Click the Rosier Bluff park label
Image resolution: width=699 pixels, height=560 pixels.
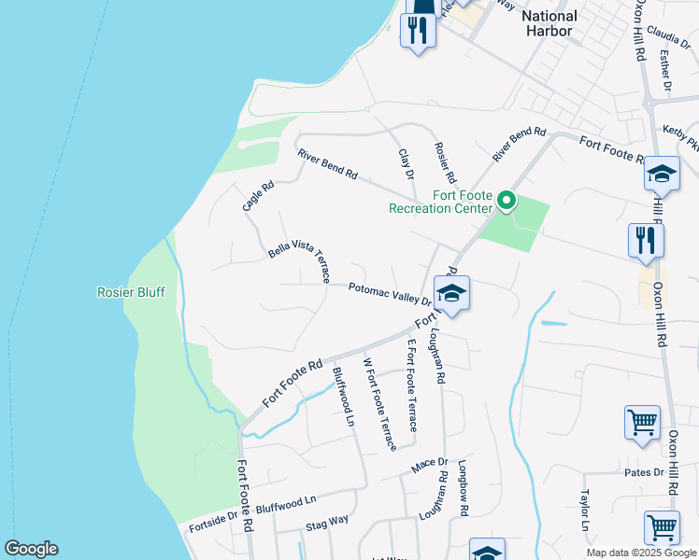pos(131,292)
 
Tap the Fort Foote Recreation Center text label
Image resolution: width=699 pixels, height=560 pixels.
pos(441,203)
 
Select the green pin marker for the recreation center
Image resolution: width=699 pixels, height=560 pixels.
pos(506,201)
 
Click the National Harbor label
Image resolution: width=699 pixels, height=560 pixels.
pos(549,22)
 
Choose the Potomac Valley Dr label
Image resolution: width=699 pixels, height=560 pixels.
pos(389,294)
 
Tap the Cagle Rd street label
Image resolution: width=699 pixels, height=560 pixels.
pos(258,196)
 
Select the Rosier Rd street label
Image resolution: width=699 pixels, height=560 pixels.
pos(445,161)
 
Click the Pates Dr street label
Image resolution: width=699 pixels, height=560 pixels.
pos(644,472)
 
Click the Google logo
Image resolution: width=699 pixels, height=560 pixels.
pos(31,549)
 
